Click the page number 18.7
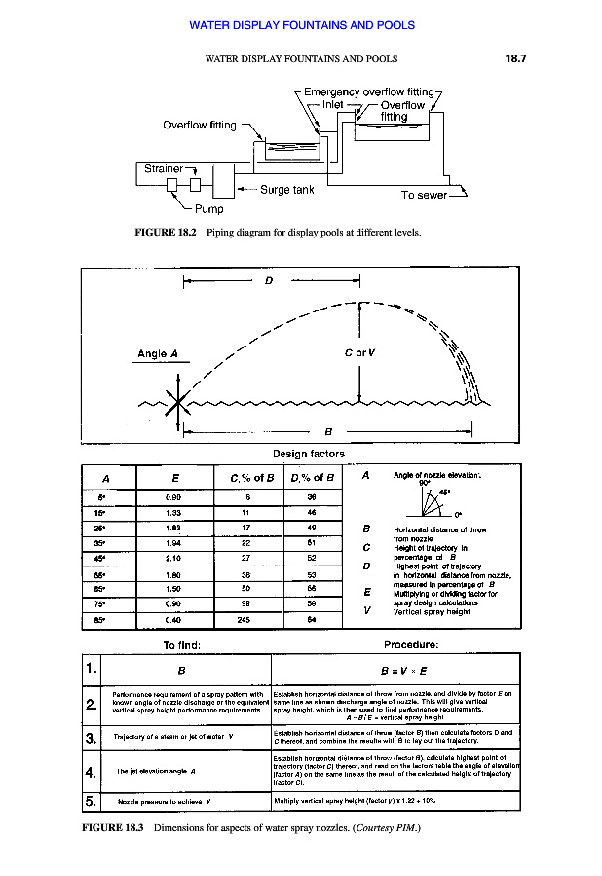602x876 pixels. (515, 59)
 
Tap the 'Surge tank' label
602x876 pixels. (286, 190)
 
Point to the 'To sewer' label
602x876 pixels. (424, 195)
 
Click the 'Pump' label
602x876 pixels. (208, 208)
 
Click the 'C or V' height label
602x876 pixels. (362, 353)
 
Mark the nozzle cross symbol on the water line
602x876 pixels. (176, 402)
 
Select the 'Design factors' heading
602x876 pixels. (309, 454)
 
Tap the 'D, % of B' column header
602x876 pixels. (312, 477)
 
